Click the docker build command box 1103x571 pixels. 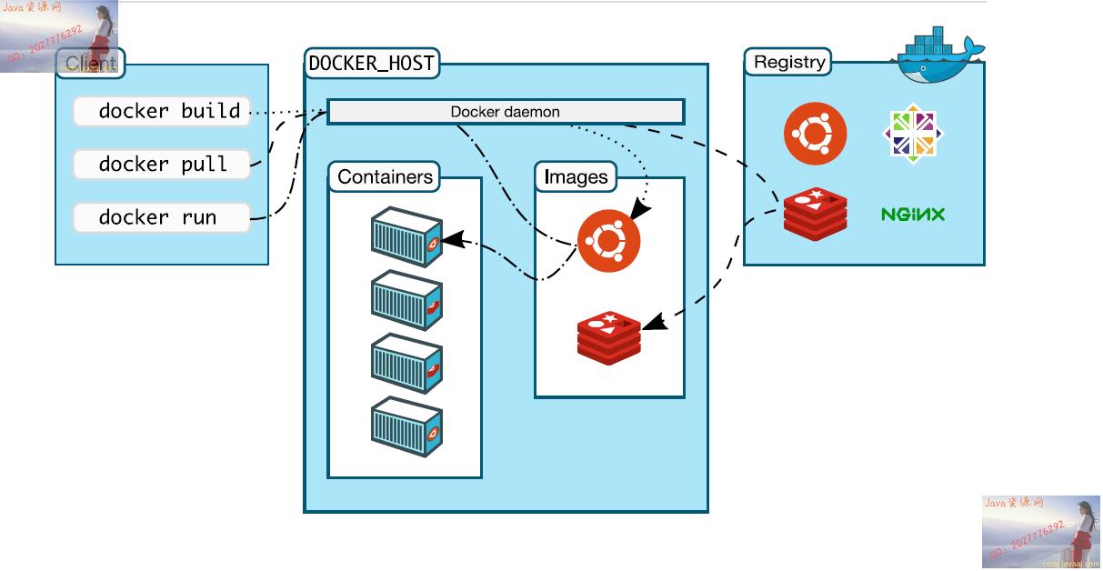coord(162,112)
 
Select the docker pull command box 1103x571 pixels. coord(162,165)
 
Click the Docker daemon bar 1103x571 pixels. coord(505,112)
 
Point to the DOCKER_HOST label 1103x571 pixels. coord(372,64)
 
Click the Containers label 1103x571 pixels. coord(385,176)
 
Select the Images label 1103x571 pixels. coord(576,176)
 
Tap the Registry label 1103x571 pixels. coord(789,62)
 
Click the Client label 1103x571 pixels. coord(91,64)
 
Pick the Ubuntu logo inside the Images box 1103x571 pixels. coord(608,241)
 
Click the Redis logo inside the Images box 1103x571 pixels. coord(608,336)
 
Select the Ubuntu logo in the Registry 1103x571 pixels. coord(815,135)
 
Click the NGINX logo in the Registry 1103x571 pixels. coord(912,215)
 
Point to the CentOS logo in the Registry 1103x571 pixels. coord(912,135)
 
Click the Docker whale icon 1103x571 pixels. coord(937,56)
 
